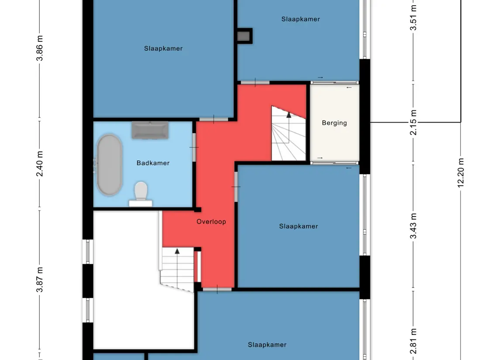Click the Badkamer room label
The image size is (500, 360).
click(x=153, y=163)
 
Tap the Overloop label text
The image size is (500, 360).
click(x=211, y=222)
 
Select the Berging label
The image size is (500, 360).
click(x=334, y=123)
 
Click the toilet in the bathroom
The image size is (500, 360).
click(x=141, y=194)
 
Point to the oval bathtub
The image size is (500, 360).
click(x=109, y=165)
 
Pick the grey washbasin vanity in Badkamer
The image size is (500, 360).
click(x=150, y=130)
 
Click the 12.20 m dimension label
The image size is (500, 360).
click(x=460, y=173)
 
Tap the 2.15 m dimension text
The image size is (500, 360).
click(x=413, y=122)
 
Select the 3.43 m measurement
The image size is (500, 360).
click(x=413, y=226)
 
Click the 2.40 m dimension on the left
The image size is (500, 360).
click(x=40, y=164)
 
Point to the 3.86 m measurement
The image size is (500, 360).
click(x=40, y=48)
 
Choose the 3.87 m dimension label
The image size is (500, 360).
click(x=40, y=280)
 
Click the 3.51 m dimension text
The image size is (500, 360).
click(x=413, y=18)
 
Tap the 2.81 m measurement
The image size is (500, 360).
click(x=413, y=341)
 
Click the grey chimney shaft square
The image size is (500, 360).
click(x=244, y=36)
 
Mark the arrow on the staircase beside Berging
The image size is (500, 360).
click(x=289, y=115)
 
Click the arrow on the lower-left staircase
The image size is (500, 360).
click(x=177, y=251)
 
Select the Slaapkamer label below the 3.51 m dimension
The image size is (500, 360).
click(x=300, y=19)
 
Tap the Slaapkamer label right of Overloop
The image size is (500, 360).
click(x=298, y=226)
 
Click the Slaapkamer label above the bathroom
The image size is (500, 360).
click(x=163, y=48)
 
